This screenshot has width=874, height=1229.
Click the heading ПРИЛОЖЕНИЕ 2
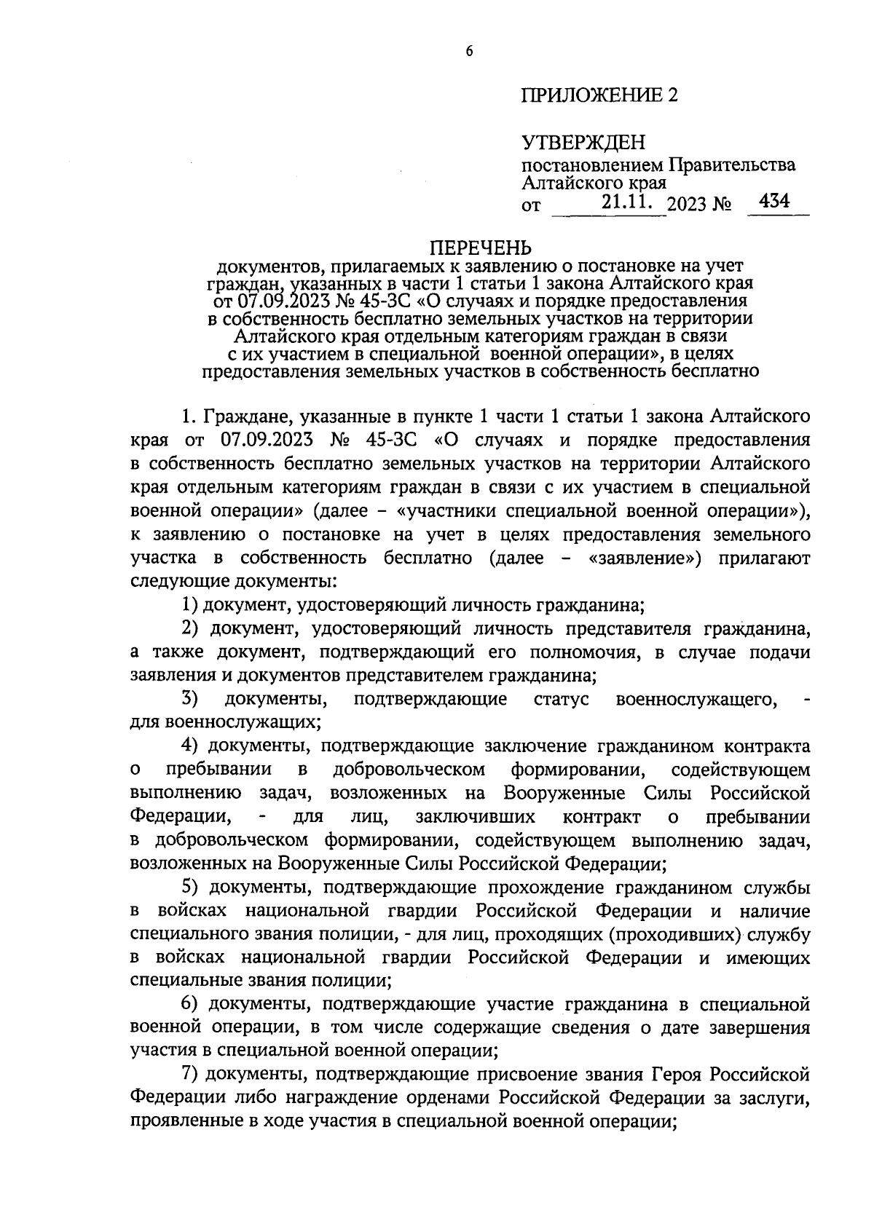(599, 95)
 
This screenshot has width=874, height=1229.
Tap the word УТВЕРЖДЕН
(583, 142)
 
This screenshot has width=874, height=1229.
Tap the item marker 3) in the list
(190, 700)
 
